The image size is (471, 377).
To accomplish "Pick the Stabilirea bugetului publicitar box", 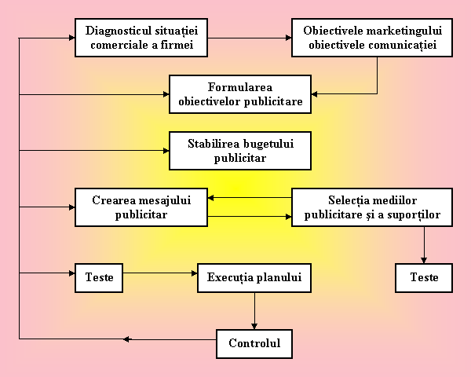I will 239,151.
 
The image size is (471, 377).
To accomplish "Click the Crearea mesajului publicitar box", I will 141,207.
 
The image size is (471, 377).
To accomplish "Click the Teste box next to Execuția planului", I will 100,278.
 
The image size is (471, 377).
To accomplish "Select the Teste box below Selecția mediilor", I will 424,278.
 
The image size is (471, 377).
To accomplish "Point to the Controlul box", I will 254,343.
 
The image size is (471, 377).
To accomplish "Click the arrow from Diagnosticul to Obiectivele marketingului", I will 251,37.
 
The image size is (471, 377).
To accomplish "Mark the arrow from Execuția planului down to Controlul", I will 254,311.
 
